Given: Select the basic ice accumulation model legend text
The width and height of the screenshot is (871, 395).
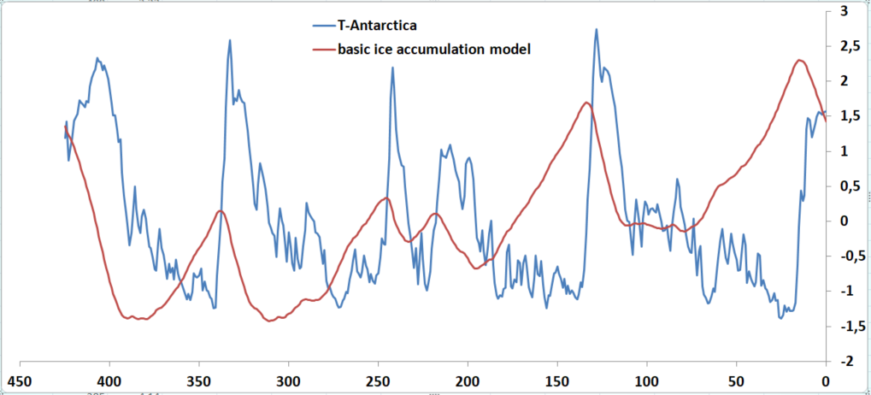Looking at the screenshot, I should click(x=435, y=50).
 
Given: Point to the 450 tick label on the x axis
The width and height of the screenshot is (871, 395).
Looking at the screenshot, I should click(x=19, y=380).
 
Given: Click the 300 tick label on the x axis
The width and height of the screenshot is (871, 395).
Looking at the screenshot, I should click(x=288, y=380).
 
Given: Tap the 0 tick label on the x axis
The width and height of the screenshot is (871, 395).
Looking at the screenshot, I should click(x=825, y=380).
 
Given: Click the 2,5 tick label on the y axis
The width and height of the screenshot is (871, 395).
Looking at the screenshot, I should click(x=849, y=45).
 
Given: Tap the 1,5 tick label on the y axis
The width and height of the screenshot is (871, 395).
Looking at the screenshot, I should click(x=849, y=116).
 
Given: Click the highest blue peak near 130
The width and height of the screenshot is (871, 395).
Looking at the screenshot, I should click(x=596, y=29).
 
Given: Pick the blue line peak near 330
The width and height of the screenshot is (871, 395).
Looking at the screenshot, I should click(x=230, y=40).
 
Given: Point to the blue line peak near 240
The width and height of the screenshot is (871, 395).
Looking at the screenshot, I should click(x=393, y=68).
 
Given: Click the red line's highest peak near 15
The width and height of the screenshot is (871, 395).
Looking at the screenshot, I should click(x=799, y=60).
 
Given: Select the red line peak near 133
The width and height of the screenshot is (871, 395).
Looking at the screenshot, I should click(x=586, y=103).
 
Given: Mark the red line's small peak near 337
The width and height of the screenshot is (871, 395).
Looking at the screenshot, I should click(x=221, y=210).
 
